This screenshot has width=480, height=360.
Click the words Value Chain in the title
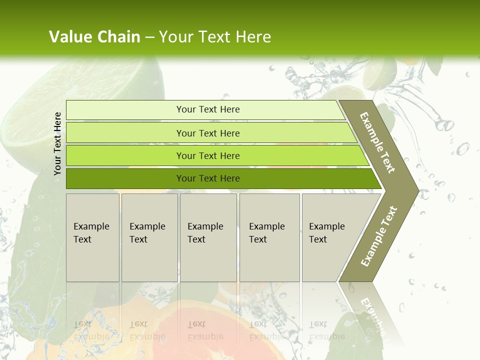(94, 37)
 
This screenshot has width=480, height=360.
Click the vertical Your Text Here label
(57, 143)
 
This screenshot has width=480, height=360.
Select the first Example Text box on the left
(92, 237)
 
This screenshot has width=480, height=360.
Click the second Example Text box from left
(149, 237)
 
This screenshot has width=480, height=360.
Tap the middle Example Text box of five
(208, 237)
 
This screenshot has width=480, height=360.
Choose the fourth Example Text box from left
(269, 237)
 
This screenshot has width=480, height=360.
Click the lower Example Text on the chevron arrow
(379, 236)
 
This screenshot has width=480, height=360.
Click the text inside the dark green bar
(208, 178)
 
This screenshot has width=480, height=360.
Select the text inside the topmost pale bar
(208, 109)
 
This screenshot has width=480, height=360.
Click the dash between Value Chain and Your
(149, 37)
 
